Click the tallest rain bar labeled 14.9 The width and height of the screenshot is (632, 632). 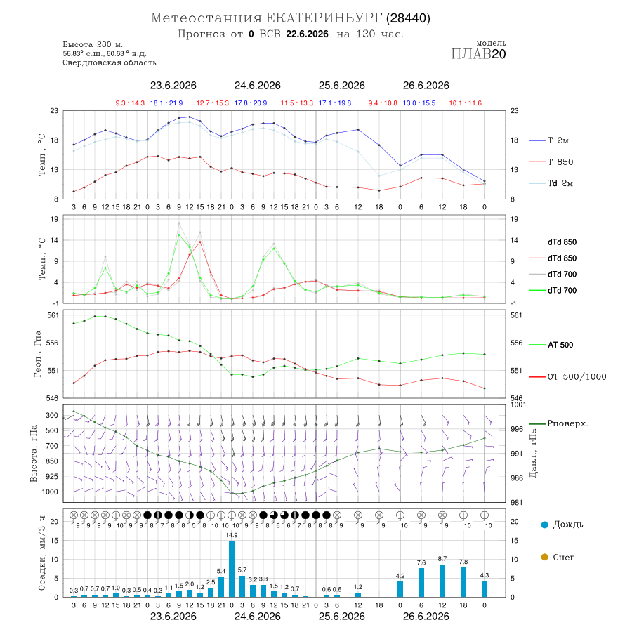(x=232, y=569)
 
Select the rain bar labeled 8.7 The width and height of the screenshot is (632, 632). (x=442, y=581)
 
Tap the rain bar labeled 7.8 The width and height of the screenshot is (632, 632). (x=463, y=582)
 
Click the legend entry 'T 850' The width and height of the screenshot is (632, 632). (x=560, y=162)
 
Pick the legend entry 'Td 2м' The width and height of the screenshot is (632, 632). (x=560, y=183)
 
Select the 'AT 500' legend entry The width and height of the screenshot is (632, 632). (x=560, y=345)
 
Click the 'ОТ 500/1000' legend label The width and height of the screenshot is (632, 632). (x=577, y=377)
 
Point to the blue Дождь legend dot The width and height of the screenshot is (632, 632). (x=545, y=525)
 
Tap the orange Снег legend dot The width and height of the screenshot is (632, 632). (x=545, y=557)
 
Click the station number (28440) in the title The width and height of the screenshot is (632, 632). (x=408, y=18)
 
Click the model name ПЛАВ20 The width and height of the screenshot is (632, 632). (x=478, y=54)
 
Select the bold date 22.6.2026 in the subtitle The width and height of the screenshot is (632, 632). (x=307, y=34)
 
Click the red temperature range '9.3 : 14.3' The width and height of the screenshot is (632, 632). (x=130, y=103)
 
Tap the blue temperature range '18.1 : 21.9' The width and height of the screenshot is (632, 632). (x=166, y=103)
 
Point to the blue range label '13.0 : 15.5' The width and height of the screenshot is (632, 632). (x=419, y=103)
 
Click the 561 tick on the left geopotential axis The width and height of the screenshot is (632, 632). (x=53, y=315)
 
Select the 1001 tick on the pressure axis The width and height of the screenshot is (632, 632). (x=518, y=404)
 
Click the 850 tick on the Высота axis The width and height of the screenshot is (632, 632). (x=51, y=461)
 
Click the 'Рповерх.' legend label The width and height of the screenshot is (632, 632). (x=567, y=423)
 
